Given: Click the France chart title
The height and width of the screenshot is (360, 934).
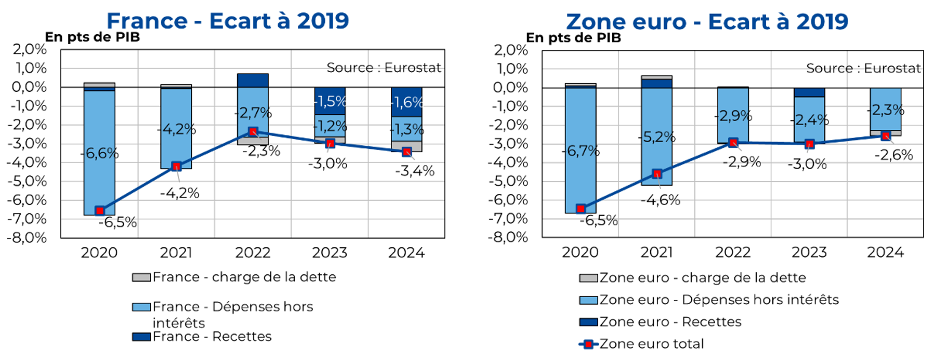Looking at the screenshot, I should pyautogui.click(x=228, y=21).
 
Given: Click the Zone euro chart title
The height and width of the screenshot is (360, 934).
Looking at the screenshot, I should pyautogui.click(x=707, y=22).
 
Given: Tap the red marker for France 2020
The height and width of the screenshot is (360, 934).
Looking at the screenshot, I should pyautogui.click(x=100, y=210).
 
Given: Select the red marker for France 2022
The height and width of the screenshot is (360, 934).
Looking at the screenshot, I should pyautogui.click(x=253, y=132).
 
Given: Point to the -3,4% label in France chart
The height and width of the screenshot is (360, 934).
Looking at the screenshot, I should pyautogui.click(x=415, y=171).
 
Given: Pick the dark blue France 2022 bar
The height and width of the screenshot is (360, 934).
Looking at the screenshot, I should pyautogui.click(x=253, y=81).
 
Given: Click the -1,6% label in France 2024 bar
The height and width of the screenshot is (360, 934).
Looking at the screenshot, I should pyautogui.click(x=407, y=102).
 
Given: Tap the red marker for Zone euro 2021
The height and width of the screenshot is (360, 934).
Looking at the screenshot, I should pyautogui.click(x=657, y=174).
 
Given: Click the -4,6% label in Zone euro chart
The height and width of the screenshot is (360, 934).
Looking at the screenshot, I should pyautogui.click(x=660, y=200).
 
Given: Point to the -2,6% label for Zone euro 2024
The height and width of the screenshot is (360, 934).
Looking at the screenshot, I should pyautogui.click(x=893, y=155).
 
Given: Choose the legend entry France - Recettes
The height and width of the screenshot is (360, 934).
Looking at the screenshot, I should pyautogui.click(x=212, y=337).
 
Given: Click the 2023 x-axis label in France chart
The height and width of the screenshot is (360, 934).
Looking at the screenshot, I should pyautogui.click(x=330, y=253).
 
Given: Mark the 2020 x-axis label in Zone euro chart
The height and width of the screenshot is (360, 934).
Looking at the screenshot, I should pyautogui.click(x=580, y=252).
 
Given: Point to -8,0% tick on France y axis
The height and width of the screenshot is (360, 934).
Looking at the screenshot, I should pyautogui.click(x=27, y=238).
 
